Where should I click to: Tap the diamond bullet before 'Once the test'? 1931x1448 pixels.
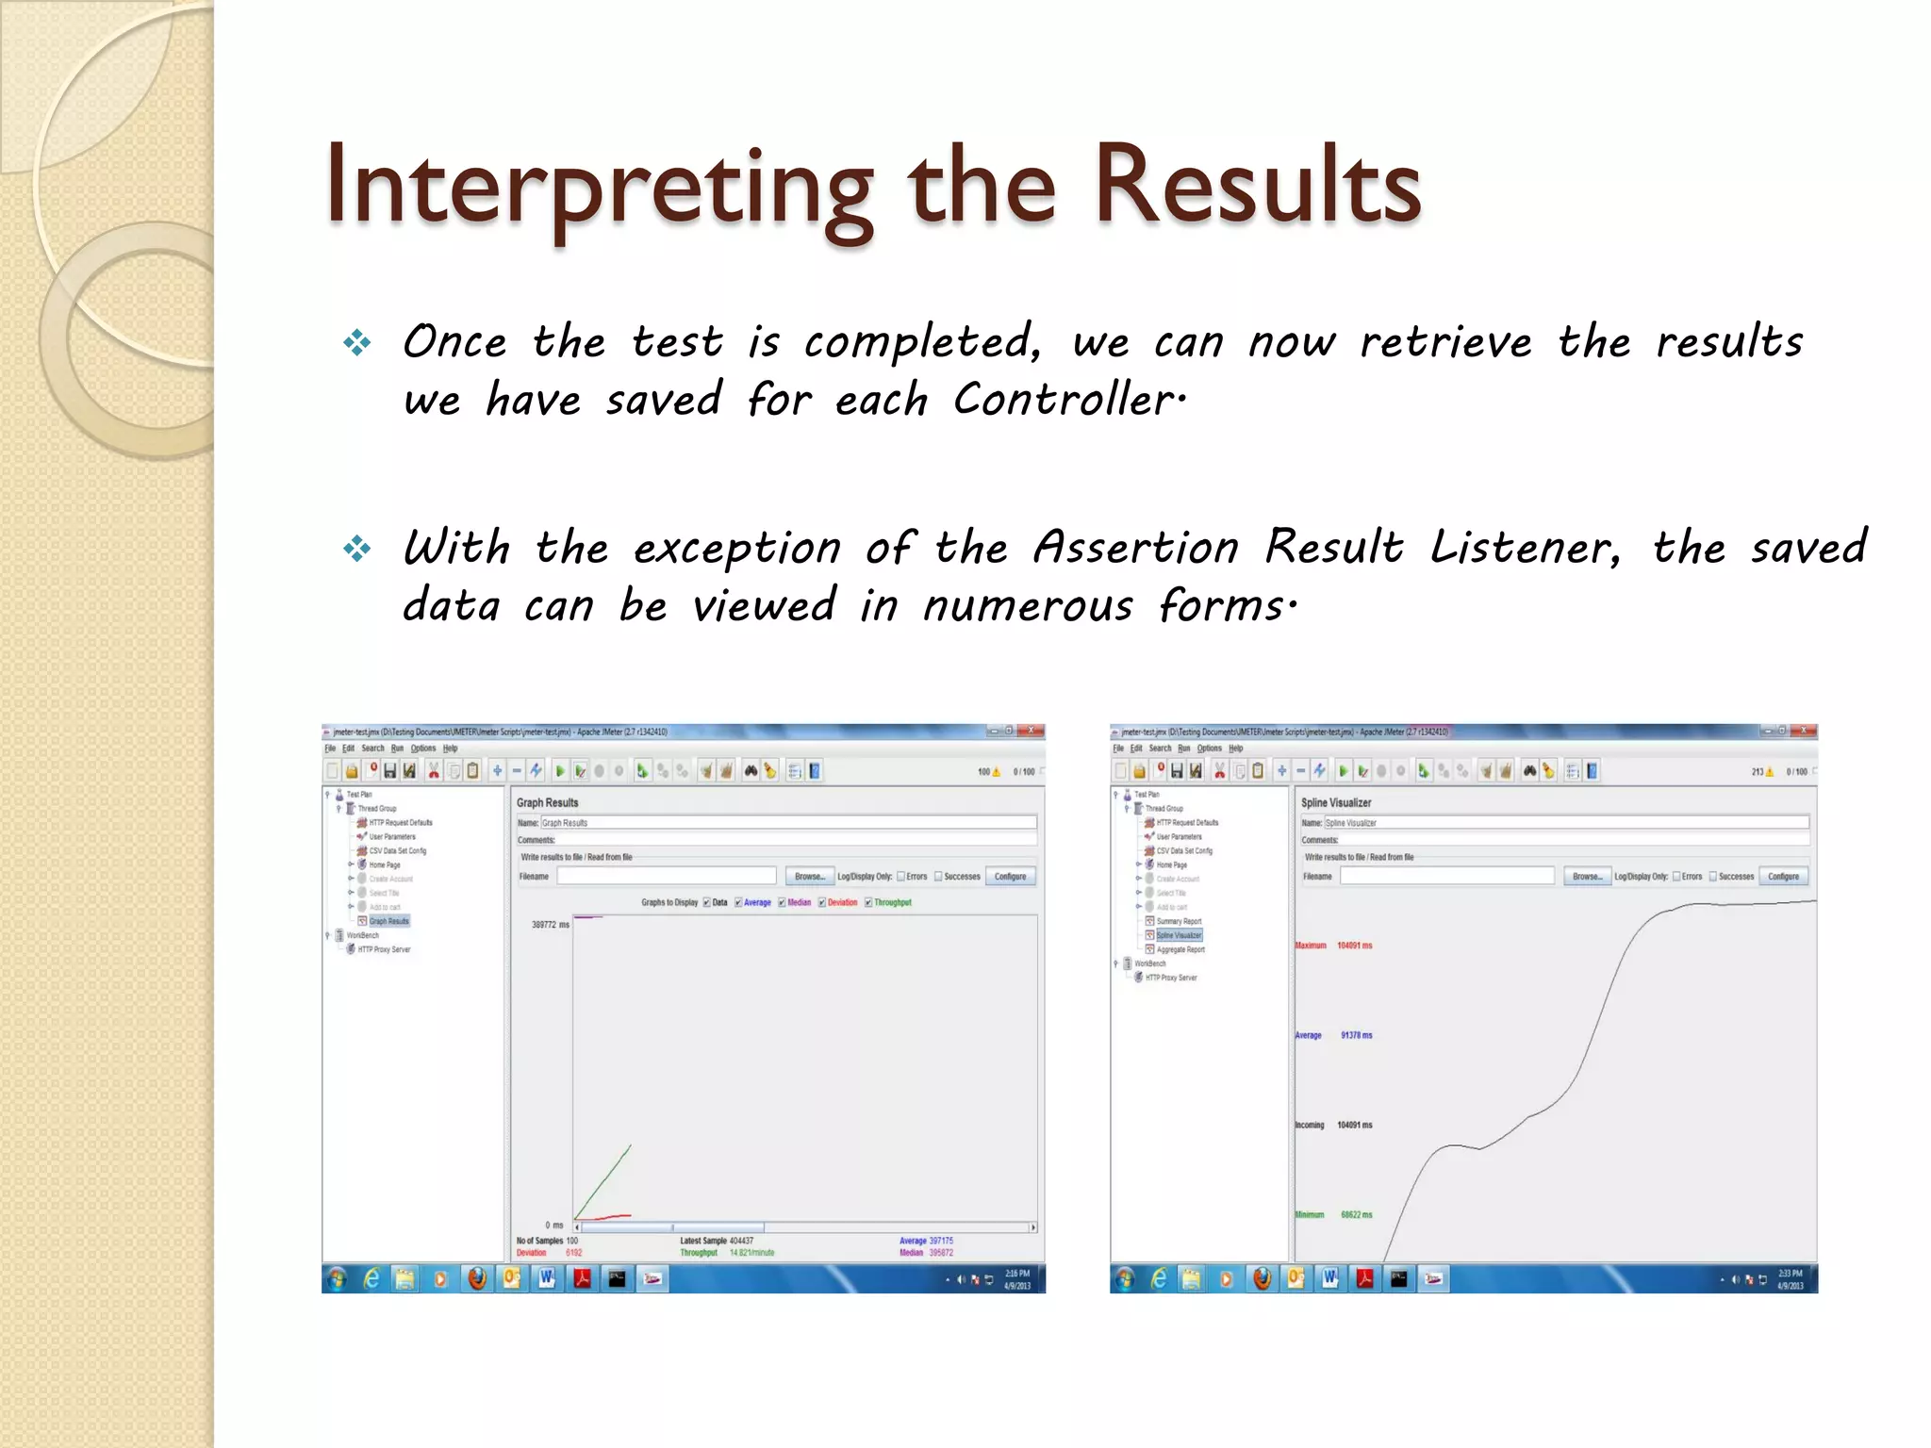click(x=356, y=342)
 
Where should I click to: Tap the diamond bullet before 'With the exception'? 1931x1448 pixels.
click(x=356, y=548)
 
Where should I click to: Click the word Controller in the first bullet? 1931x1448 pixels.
click(x=1067, y=400)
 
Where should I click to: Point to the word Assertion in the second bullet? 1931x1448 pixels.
click(x=1135, y=548)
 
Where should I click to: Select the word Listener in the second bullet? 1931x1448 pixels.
click(x=1525, y=548)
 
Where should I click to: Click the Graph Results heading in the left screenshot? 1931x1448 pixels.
click(x=547, y=802)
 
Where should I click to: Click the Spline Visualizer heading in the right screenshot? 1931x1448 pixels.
click(x=1335, y=802)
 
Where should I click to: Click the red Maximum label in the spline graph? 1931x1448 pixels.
click(x=1310, y=945)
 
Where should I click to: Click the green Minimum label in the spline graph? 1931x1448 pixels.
click(x=1309, y=1214)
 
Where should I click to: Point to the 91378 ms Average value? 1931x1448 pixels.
click(x=1356, y=1035)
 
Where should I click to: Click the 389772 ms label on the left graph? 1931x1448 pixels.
click(x=550, y=925)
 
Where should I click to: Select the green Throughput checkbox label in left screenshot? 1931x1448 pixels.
click(x=892, y=902)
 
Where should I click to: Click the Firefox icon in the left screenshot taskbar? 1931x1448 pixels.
click(x=477, y=1278)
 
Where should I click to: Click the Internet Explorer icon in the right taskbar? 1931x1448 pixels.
click(x=1159, y=1278)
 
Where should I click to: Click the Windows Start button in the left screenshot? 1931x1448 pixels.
click(x=337, y=1278)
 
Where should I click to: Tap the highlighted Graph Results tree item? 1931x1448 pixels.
click(x=388, y=921)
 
